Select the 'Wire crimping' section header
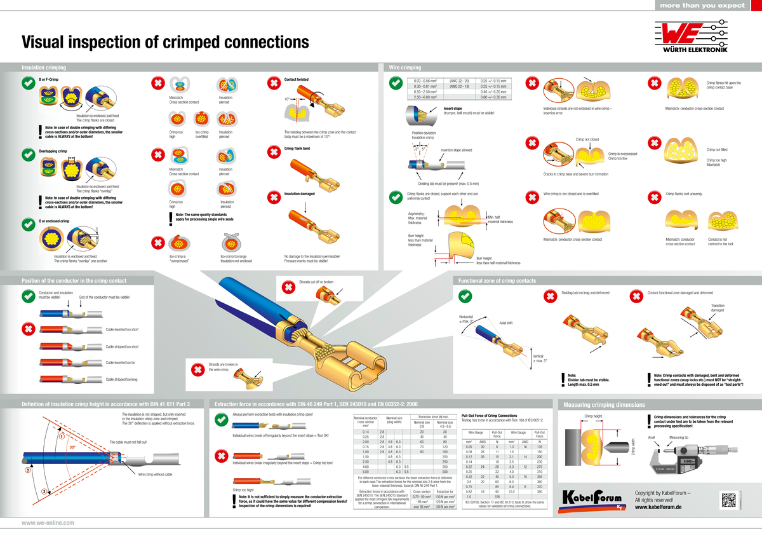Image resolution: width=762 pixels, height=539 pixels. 404,67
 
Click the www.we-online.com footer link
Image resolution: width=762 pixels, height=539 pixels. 48,522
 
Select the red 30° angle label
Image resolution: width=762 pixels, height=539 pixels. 72,447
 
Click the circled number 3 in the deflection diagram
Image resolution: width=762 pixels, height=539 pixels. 28,470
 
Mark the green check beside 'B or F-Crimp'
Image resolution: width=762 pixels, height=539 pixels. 28,83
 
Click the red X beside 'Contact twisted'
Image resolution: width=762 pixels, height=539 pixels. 273,83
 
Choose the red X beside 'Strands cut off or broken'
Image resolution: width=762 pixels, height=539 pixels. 287,288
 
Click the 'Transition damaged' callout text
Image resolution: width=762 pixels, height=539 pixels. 717,308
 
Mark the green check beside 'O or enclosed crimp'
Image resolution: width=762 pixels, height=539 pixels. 28,224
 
